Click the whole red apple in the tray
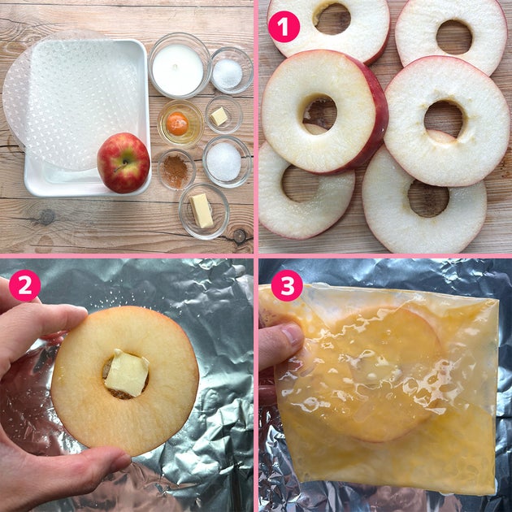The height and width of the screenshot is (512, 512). click(123, 163)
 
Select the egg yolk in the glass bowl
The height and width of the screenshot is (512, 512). click(177, 124)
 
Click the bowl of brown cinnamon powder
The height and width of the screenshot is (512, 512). click(177, 170)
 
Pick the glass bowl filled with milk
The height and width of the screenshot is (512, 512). click(179, 65)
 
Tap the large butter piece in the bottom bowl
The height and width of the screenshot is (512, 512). click(202, 211)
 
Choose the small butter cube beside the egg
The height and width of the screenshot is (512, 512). click(219, 116)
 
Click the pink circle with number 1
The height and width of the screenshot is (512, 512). click(284, 27)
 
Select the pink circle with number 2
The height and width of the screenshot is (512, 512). click(25, 286)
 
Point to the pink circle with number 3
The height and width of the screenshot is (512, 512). click(287, 285)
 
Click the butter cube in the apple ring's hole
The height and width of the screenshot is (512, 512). click(127, 372)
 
